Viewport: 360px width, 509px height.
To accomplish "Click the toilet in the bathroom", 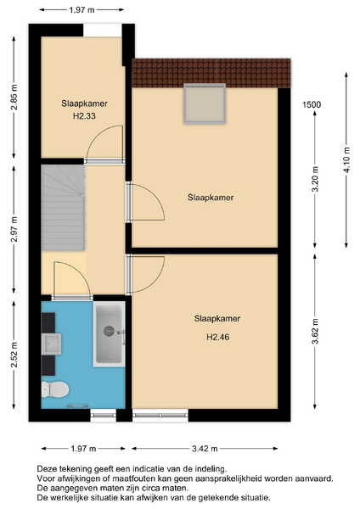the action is [x=54, y=389].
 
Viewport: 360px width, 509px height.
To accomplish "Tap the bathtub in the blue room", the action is [x=110, y=334].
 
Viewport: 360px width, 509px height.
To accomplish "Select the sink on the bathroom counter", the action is [x=51, y=344].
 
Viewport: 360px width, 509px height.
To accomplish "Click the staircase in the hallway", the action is [x=64, y=208].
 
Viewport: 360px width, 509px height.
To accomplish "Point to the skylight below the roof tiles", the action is [x=205, y=103].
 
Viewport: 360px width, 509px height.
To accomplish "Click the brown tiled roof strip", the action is [x=211, y=73].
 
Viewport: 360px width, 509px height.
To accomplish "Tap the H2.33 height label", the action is [x=84, y=116].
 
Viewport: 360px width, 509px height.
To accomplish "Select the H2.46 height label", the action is [x=218, y=337].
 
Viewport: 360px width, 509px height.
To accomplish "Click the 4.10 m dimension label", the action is [x=347, y=160].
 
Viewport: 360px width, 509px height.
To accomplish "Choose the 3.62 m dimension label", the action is [x=315, y=331].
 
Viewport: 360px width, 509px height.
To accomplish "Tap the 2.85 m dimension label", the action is [x=14, y=97].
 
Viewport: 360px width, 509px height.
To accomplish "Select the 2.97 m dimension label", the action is [x=14, y=229].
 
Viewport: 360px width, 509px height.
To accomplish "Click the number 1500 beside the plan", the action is [x=312, y=104].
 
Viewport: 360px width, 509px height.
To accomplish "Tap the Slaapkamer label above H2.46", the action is [x=217, y=318].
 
